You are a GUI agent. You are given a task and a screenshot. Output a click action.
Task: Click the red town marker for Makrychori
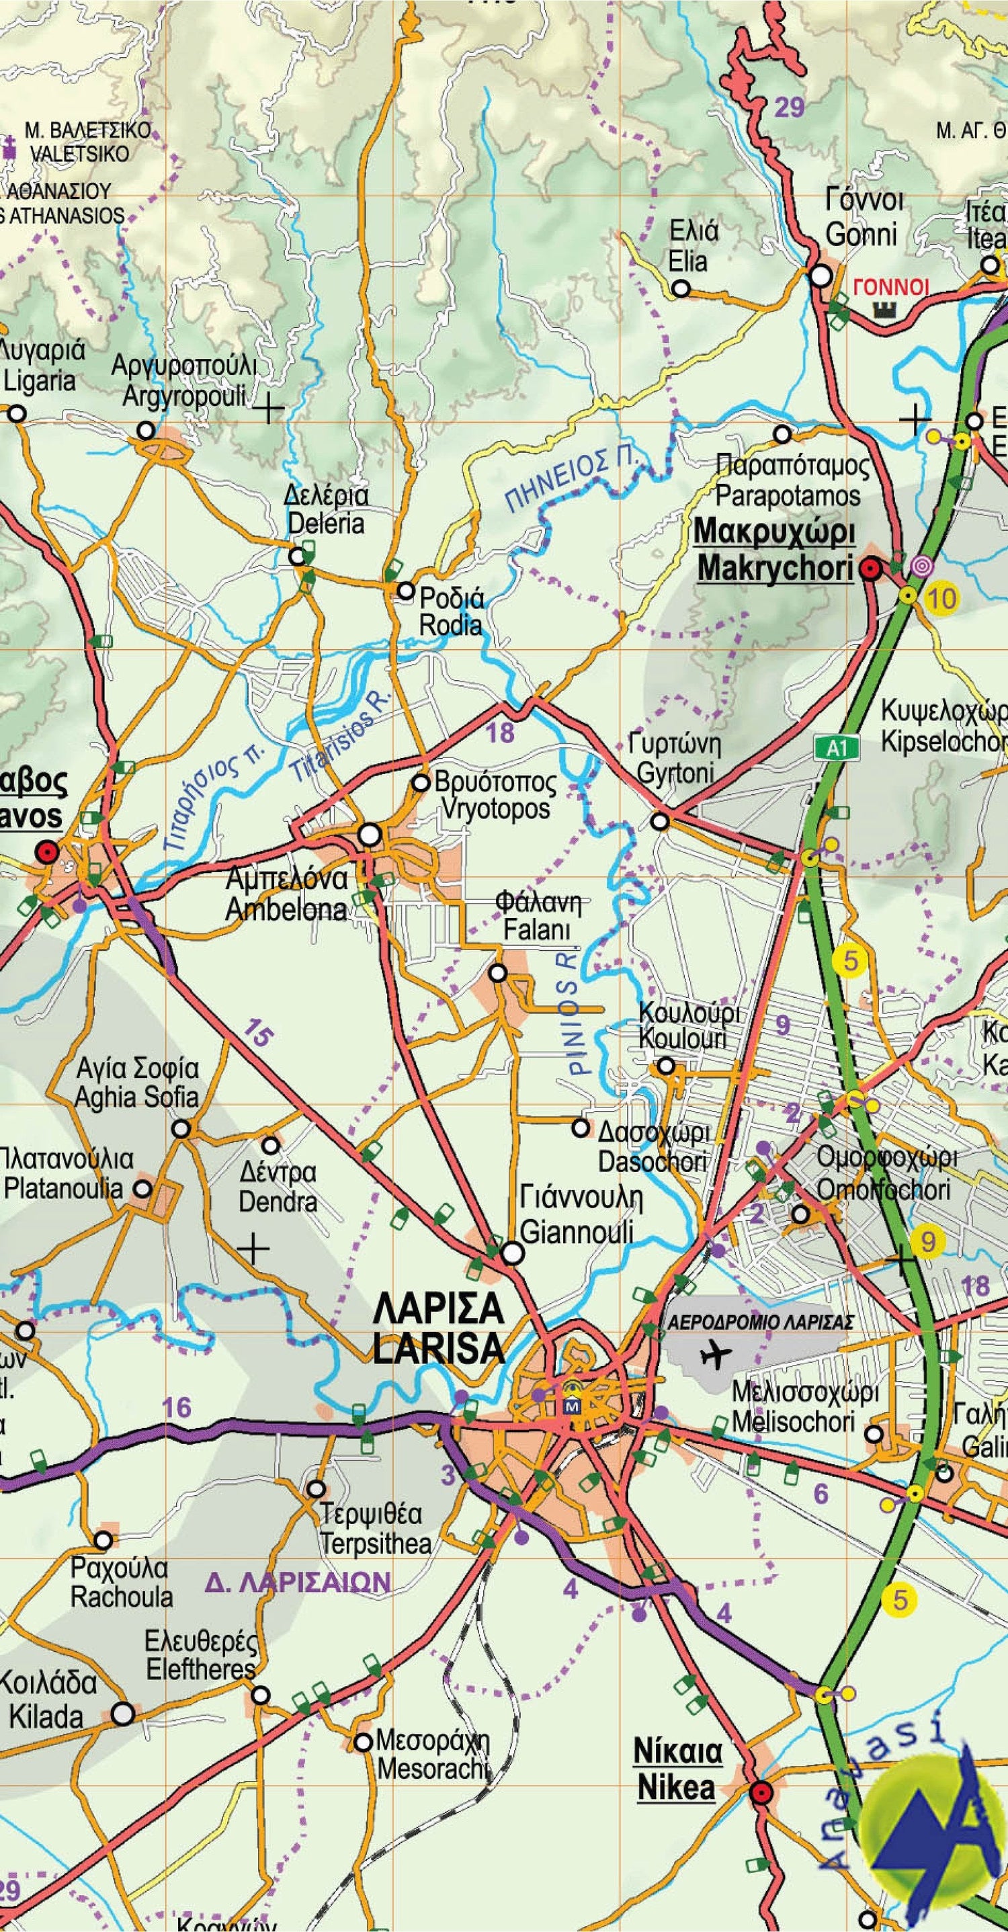coord(870,570)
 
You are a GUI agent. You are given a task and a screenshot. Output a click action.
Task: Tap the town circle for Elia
coord(680,289)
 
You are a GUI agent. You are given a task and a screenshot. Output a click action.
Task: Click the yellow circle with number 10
coord(942,598)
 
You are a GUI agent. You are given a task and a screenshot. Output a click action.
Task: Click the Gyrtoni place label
coord(675,773)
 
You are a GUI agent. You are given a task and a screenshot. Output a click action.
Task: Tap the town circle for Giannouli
coord(512,1253)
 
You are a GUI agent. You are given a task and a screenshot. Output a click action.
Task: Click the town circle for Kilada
coord(123,1713)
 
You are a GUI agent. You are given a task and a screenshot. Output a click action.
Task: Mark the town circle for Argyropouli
coord(146,431)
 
